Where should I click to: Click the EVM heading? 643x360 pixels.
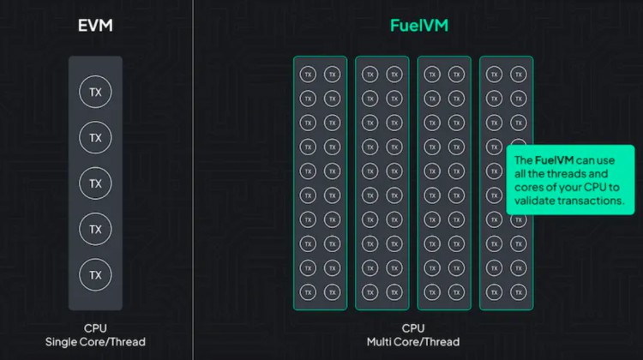(x=95, y=26)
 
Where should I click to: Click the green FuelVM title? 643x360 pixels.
(x=417, y=26)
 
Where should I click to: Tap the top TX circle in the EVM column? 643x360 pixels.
(x=95, y=92)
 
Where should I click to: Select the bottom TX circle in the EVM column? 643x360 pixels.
(x=95, y=274)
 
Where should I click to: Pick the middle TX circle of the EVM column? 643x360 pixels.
(x=95, y=183)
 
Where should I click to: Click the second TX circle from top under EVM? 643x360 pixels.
(x=95, y=137)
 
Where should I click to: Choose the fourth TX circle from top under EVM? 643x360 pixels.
(x=95, y=229)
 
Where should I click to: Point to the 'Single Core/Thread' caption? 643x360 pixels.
(x=95, y=342)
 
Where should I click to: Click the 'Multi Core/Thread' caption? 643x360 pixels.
(x=413, y=342)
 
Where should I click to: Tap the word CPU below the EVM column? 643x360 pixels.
(x=95, y=328)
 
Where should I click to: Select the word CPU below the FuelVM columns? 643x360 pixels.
(x=413, y=328)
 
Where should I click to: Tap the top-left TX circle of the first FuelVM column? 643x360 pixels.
(x=308, y=75)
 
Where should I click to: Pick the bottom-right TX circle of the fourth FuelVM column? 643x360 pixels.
(x=518, y=293)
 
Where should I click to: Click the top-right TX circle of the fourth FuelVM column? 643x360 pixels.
(x=518, y=75)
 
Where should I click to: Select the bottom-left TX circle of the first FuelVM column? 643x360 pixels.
(x=308, y=293)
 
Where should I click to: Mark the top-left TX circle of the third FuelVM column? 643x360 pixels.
(x=432, y=75)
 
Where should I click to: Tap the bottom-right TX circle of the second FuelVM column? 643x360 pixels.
(x=394, y=293)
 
